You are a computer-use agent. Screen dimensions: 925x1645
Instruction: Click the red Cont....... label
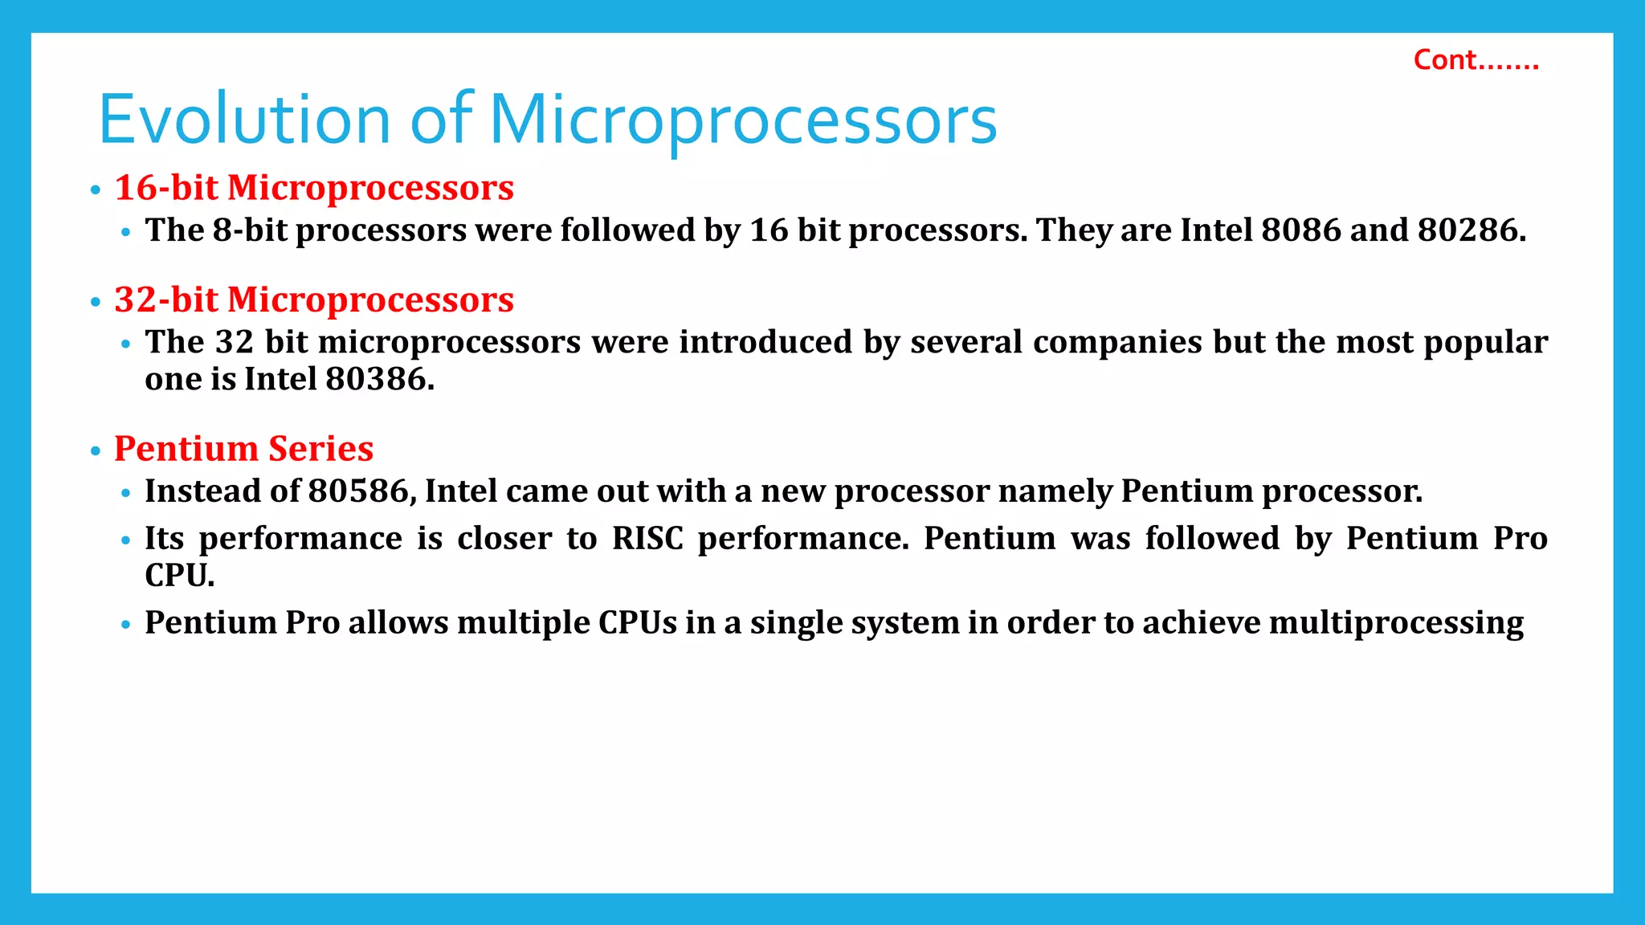[1476, 60]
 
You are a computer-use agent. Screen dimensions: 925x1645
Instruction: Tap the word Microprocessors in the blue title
[743, 120]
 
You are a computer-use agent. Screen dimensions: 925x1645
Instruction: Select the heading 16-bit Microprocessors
[314, 188]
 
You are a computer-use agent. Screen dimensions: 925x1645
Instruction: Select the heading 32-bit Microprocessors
[314, 300]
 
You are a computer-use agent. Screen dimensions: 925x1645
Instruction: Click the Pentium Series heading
[243, 448]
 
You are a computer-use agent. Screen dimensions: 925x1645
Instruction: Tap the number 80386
[379, 379]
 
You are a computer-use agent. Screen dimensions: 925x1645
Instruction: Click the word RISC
[647, 538]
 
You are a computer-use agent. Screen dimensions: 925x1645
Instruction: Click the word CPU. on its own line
[180, 575]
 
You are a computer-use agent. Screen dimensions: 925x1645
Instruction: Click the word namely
[1054, 491]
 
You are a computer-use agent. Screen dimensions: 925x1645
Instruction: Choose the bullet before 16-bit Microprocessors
[96, 190]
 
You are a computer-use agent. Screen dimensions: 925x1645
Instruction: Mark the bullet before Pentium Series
[96, 451]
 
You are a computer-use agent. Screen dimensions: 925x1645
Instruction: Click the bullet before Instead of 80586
[125, 493]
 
